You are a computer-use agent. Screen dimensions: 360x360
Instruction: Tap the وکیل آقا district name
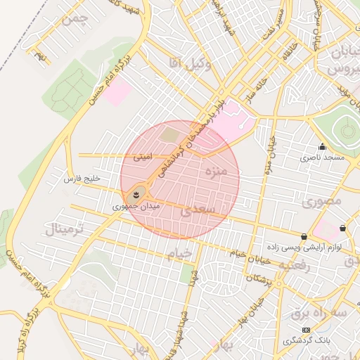point(185,63)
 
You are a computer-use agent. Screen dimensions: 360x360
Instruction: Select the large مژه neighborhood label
point(214,171)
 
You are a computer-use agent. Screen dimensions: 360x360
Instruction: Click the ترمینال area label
point(65,229)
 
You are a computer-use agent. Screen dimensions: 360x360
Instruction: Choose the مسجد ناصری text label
point(323,158)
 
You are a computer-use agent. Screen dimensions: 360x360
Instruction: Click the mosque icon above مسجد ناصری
point(322,146)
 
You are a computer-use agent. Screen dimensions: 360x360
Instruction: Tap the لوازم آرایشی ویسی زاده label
point(302,248)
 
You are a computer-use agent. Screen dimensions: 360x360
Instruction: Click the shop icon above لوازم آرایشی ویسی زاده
point(304,237)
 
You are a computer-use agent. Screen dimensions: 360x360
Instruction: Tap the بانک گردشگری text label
point(307,341)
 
